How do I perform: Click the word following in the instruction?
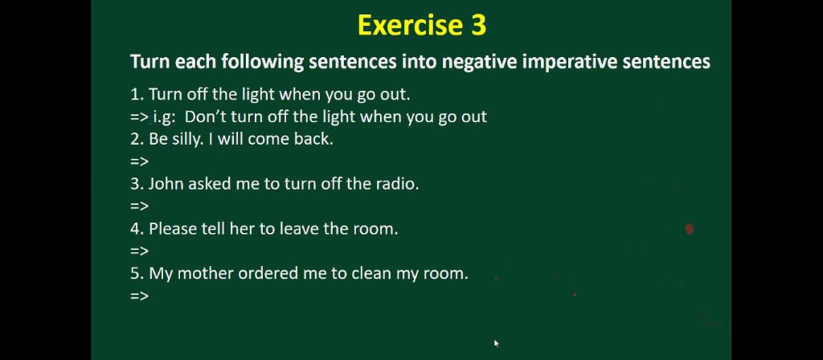pos(263,63)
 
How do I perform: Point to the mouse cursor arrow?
pos(496,343)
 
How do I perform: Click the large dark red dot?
pos(689,229)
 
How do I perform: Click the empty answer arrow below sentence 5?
pos(139,296)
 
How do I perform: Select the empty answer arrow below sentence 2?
pos(139,162)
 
